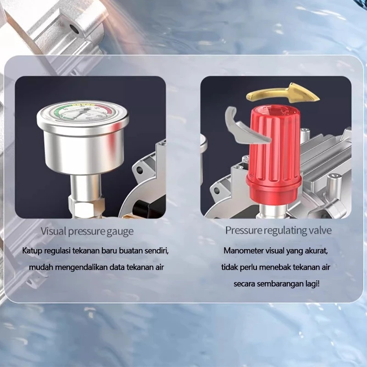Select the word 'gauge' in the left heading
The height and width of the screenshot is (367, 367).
coord(120,232)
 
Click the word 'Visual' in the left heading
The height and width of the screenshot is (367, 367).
coord(53,231)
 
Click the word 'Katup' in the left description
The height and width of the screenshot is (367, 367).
coord(32,251)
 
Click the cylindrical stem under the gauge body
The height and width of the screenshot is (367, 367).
coord(86,186)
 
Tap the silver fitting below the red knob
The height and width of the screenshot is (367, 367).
coord(272,211)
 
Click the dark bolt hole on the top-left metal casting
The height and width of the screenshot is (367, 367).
coord(74,29)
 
